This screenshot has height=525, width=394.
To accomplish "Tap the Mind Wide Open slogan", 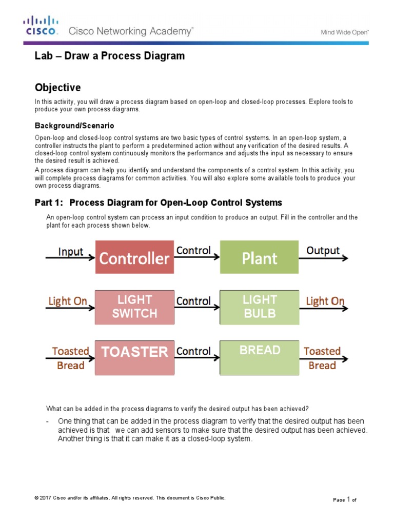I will coord(345,32).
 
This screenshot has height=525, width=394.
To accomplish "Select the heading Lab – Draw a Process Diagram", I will coord(109,56).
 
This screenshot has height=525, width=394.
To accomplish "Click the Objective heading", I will coord(57,88).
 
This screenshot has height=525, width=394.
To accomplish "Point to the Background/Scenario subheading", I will coord(74,125).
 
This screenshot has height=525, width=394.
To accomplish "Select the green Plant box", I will coord(259,258).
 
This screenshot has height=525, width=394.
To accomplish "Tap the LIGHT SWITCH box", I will coord(134,307).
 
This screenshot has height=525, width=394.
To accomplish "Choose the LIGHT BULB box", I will coord(259,307).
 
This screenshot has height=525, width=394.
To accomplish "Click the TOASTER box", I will coord(134,352).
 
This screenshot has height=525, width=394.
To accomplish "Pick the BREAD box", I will coord(259,351).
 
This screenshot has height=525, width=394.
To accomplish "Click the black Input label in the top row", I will coord(71,251).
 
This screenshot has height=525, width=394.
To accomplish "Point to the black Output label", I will coord(323,251).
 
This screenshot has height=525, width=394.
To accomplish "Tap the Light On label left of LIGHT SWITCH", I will coord(68,301).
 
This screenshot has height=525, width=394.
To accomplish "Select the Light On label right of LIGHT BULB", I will coord(325,301).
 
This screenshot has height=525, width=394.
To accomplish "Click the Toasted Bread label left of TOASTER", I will coord(70,358).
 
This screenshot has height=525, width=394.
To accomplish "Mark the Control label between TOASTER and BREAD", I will coord(193,351).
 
